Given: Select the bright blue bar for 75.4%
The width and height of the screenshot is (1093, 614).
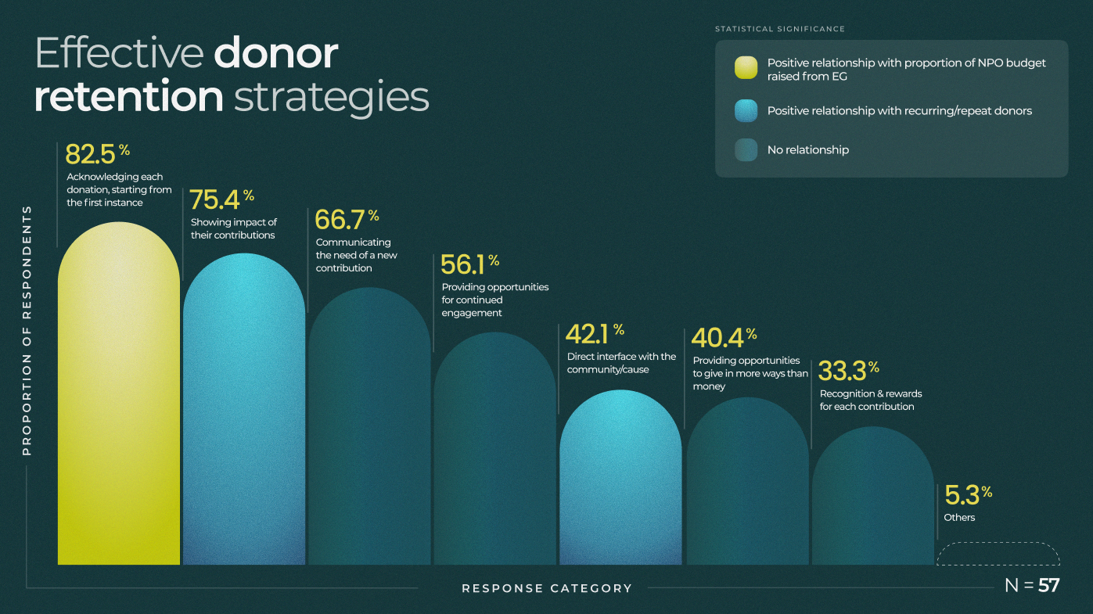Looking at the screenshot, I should (244, 415).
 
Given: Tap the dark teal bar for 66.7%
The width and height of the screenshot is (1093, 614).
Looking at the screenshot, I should (369, 430).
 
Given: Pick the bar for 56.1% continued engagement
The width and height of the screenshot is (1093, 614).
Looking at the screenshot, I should (494, 454).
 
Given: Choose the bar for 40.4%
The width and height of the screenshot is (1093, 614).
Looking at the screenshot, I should (747, 485).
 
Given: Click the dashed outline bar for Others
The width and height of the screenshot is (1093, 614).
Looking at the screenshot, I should (998, 554).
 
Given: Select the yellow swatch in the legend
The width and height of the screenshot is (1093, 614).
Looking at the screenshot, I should (746, 69).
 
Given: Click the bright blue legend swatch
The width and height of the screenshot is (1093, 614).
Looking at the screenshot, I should (746, 111).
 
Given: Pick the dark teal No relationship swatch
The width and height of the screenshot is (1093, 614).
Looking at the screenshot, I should (746, 149).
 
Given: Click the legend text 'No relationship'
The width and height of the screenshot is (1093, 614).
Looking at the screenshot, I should (807, 150).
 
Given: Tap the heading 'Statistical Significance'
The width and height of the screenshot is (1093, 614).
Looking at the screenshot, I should (779, 29).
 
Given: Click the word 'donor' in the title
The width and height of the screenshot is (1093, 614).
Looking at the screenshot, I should (275, 53).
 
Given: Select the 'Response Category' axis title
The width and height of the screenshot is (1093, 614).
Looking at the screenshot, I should (546, 588).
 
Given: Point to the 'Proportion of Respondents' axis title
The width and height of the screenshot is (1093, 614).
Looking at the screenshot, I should (27, 330).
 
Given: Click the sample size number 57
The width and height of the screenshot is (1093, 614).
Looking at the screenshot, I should (1048, 585).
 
